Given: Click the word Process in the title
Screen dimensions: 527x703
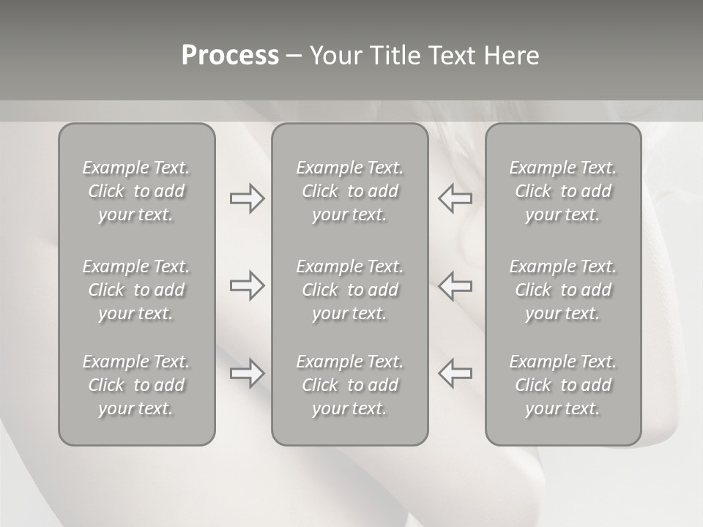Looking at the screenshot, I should click(x=230, y=56).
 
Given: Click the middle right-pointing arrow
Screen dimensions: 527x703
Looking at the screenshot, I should click(x=247, y=285).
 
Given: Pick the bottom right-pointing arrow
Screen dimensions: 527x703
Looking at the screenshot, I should click(x=247, y=373).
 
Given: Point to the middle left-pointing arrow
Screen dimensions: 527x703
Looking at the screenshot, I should click(x=455, y=285).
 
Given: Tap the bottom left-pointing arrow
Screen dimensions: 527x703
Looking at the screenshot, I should click(x=455, y=373).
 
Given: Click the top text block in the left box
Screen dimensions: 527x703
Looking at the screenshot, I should click(x=136, y=191).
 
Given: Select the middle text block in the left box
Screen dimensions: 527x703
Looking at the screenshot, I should click(x=136, y=290).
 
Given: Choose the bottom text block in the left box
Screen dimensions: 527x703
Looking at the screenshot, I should click(x=136, y=385).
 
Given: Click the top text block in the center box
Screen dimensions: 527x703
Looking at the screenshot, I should click(x=349, y=191).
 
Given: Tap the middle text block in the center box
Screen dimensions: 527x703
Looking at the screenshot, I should click(x=349, y=290).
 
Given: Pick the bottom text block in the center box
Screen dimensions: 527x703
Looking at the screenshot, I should click(x=349, y=385).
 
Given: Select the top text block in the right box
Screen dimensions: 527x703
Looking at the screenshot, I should click(x=562, y=191).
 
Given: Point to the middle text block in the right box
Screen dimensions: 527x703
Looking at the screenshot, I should click(x=562, y=290).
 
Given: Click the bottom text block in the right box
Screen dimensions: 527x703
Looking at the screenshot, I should click(x=562, y=385).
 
